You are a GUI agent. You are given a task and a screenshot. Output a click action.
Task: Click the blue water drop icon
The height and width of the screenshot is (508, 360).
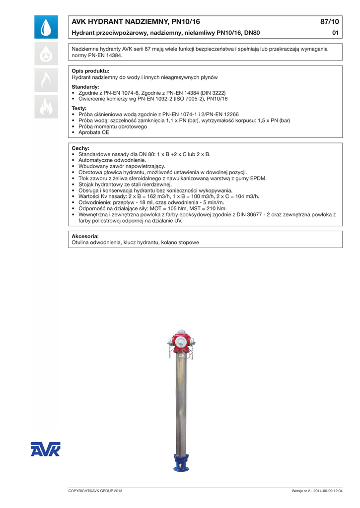point(46,27)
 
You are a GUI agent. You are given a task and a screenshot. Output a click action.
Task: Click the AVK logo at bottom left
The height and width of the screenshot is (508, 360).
point(45,449)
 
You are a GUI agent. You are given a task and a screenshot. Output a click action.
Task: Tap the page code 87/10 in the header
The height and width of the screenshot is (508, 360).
point(330,22)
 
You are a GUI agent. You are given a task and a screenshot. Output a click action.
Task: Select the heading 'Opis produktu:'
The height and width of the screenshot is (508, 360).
point(90,71)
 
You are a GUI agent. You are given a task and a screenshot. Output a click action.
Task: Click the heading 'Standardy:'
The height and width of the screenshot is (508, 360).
point(85,87)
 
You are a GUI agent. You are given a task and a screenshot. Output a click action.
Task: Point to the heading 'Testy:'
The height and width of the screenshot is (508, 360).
point(79,108)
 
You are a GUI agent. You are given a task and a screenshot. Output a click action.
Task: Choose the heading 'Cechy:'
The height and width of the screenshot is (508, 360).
point(80,148)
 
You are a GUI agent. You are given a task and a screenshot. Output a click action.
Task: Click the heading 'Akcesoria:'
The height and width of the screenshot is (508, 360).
point(85,236)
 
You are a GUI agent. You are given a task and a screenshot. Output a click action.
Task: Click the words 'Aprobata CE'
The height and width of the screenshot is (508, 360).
point(94,132)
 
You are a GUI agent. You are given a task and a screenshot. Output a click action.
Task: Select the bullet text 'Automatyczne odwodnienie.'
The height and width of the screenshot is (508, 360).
point(112,160)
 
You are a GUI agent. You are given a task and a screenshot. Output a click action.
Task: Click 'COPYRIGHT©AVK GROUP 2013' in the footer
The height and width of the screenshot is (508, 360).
point(95,491)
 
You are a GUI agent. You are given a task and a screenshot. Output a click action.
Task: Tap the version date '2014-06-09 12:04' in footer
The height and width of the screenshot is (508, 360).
point(328,491)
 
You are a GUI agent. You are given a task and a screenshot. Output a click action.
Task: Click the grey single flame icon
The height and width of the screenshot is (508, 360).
point(46,80)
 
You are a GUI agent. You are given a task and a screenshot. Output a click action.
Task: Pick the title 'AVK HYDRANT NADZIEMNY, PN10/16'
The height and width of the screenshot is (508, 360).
point(136,22)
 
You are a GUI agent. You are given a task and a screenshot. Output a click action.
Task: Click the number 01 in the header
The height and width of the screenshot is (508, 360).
point(335,33)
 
